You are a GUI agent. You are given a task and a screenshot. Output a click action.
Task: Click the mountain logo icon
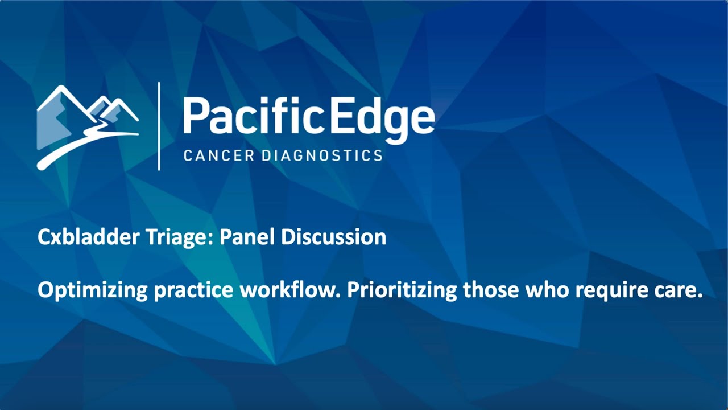pyautogui.click(x=88, y=128)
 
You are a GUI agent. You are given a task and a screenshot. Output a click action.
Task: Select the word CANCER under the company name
pyautogui.click(x=219, y=155)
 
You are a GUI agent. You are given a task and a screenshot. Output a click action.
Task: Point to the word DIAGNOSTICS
pyautogui.click(x=322, y=155)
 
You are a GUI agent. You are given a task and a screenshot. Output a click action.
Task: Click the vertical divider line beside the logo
pyautogui.click(x=159, y=126)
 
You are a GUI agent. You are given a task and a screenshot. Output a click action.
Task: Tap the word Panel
pyautogui.click(x=247, y=236)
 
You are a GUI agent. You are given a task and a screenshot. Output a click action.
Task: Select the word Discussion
pyautogui.click(x=334, y=236)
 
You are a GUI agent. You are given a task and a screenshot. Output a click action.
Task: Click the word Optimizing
pyautogui.click(x=93, y=290)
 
